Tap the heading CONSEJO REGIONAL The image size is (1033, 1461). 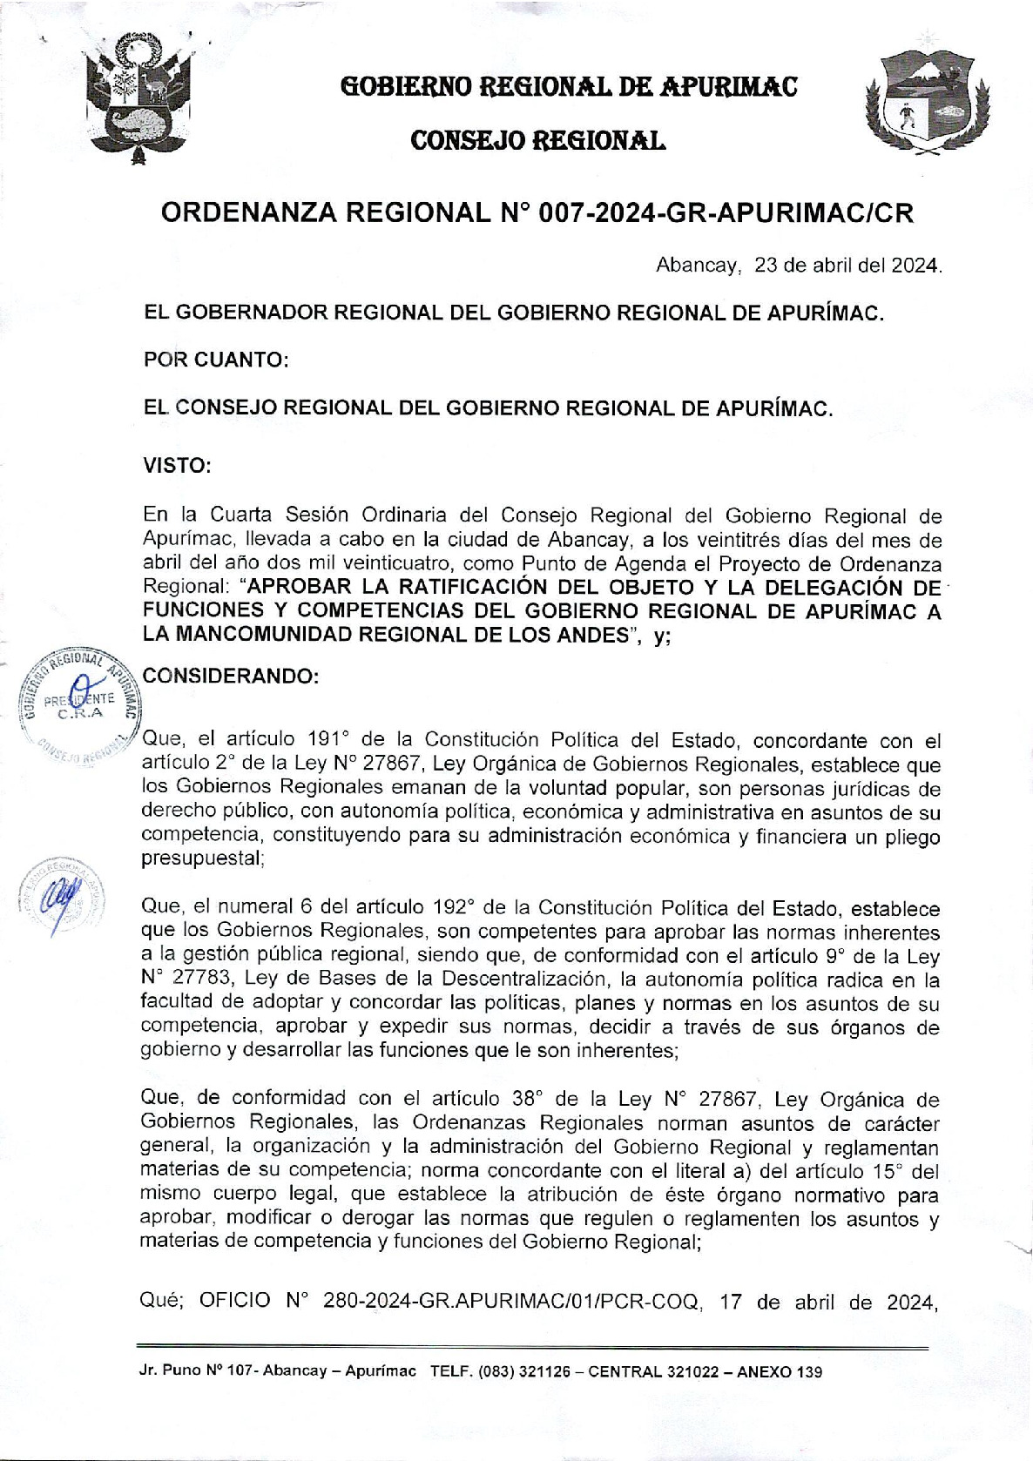537,139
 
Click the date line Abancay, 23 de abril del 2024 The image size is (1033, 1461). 798,265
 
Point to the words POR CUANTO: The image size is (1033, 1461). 215,360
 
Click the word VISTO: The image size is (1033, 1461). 177,465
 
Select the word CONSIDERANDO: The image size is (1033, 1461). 229,677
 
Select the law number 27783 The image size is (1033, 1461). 201,978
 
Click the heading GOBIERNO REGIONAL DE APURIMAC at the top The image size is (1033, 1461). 569,86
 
